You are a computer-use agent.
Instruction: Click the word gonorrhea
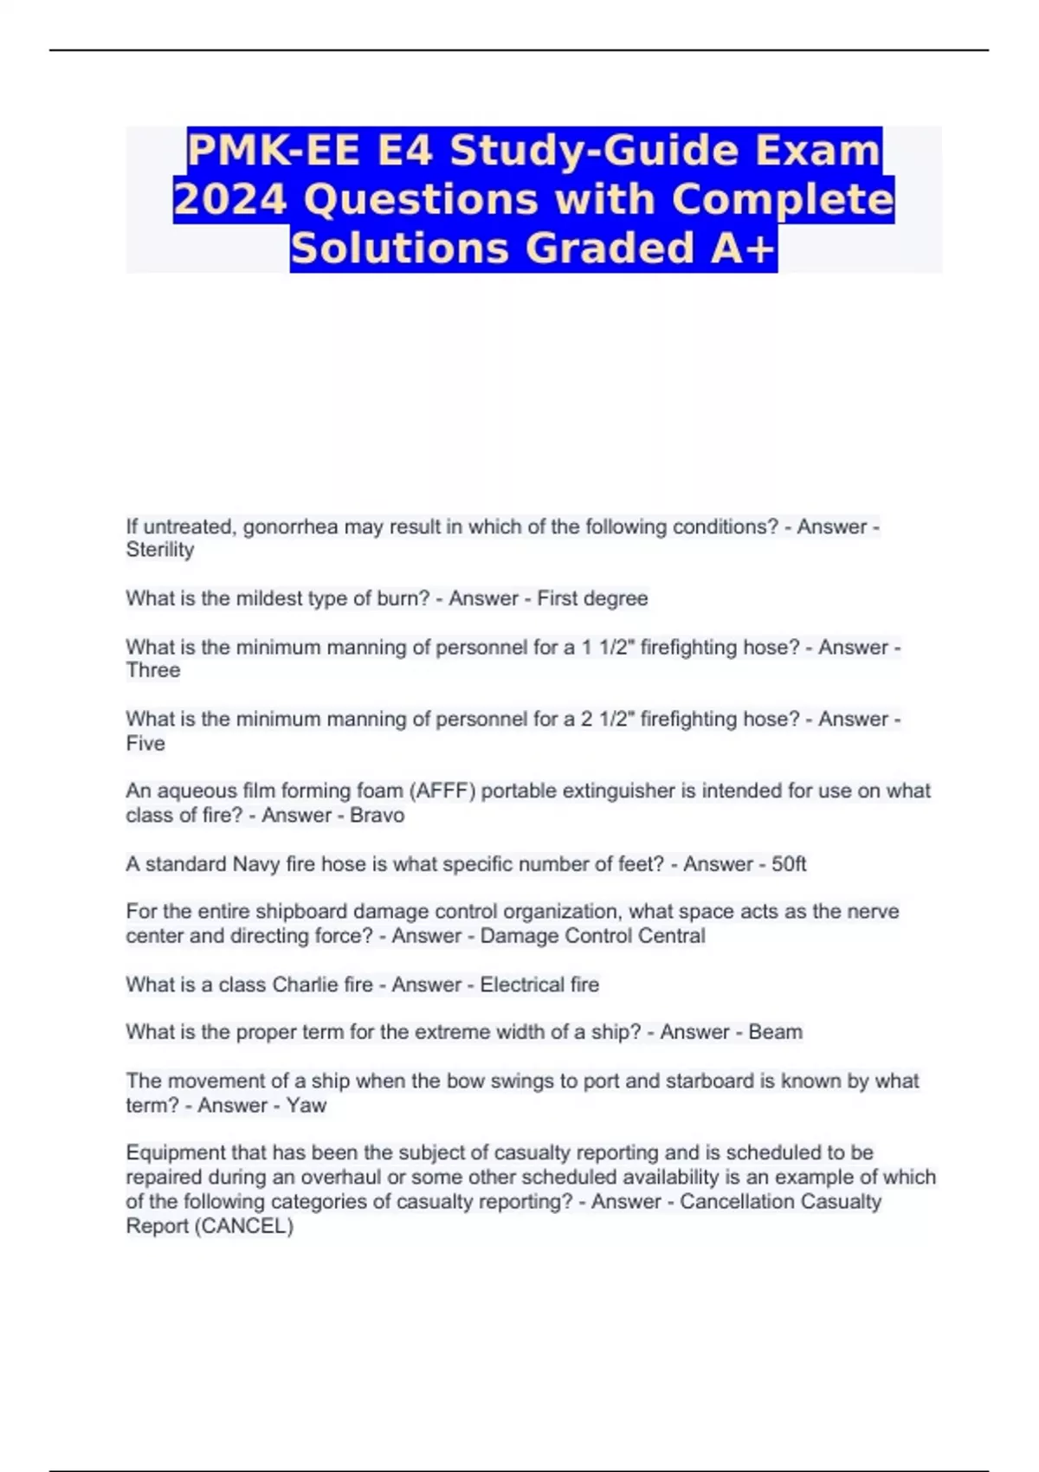pos(290,526)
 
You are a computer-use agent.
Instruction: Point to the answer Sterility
pos(160,550)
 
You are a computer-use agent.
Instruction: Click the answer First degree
pos(592,598)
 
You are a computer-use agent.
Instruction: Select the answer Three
pos(153,670)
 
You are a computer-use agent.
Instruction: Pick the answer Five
pos(145,744)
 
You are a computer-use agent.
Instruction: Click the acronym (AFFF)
pos(442,791)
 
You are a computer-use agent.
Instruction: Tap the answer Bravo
pos(377,815)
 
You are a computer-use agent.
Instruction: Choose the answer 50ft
pos(789,864)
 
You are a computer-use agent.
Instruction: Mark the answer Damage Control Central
pos(592,936)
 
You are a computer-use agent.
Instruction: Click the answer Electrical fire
pos(539,985)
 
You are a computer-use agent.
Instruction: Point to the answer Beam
pos(775,1032)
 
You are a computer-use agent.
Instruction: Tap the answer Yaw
pos(307,1106)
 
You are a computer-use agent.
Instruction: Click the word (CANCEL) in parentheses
pos(245,1226)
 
